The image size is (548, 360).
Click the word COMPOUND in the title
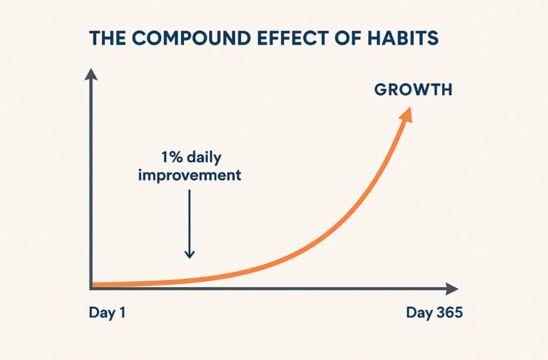(191, 38)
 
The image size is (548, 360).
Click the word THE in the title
(108, 38)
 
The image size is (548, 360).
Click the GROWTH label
(414, 90)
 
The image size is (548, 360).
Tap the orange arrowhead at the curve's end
(407, 116)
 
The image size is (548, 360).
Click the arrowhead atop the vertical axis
(91, 74)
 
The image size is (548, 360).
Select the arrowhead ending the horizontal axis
(452, 289)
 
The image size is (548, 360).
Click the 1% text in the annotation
(172, 157)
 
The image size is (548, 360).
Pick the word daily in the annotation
(204, 158)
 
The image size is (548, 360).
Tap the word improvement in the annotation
(190, 175)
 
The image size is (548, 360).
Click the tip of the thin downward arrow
(189, 258)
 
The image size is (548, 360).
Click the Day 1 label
(107, 312)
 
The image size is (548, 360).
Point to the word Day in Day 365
(418, 313)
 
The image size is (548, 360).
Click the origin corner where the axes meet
(91, 288)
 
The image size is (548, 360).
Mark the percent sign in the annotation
(176, 157)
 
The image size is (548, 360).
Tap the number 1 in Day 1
(122, 312)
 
